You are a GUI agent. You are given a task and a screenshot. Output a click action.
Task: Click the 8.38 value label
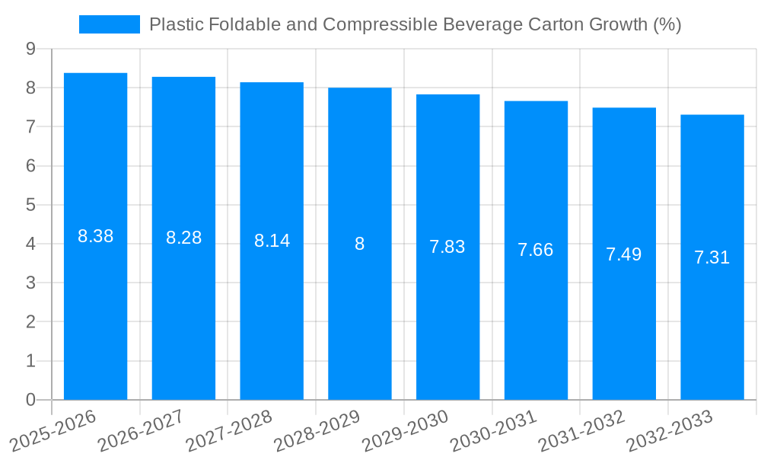point(95,236)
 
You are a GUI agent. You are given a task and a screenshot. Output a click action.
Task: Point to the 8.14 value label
point(272,241)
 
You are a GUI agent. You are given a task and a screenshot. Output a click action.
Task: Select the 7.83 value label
point(447,247)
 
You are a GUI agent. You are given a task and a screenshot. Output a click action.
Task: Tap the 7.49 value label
point(623,254)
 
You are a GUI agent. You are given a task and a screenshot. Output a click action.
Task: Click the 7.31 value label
point(712,257)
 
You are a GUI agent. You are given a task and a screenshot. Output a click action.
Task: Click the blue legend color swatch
point(110,24)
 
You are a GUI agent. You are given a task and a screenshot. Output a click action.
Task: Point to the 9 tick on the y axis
point(30,49)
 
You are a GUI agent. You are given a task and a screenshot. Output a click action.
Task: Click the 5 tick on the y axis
point(30,205)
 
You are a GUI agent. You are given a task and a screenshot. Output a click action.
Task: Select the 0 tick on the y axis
point(30,400)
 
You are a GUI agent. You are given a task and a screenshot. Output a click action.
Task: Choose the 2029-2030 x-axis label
point(406,430)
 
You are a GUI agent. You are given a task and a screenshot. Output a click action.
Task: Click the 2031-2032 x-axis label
point(582,430)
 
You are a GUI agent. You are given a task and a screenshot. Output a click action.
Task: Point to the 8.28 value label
point(183,238)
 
